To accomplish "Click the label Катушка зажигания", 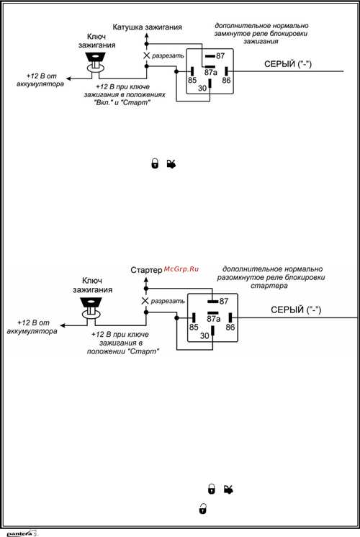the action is coord(148,27).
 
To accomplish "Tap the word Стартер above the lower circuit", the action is coord(146,270).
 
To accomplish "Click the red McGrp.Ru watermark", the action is coord(181,269).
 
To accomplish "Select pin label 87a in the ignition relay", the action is coord(211,73).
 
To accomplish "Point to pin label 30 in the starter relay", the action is coord(204,335).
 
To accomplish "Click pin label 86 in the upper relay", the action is coord(226,81).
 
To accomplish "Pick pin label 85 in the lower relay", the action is coord(194,327).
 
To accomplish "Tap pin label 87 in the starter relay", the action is coord(224,301).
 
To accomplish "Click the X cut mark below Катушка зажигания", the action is coord(147,55).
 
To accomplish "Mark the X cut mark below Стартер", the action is coord(145,301).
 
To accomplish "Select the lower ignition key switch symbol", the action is coord(91,308).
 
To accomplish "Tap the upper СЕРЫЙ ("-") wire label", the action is coord(288,64).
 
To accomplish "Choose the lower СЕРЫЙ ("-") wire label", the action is coord(296,310).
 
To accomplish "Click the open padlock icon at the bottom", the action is coord(203,508).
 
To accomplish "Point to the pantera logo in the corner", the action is coord(22,533).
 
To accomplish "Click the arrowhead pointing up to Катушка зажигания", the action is coord(147,35).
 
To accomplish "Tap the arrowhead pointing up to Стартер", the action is coord(146,280).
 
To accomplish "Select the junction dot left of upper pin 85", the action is coord(176,71).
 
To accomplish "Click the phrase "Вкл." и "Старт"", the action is coord(122,102).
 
